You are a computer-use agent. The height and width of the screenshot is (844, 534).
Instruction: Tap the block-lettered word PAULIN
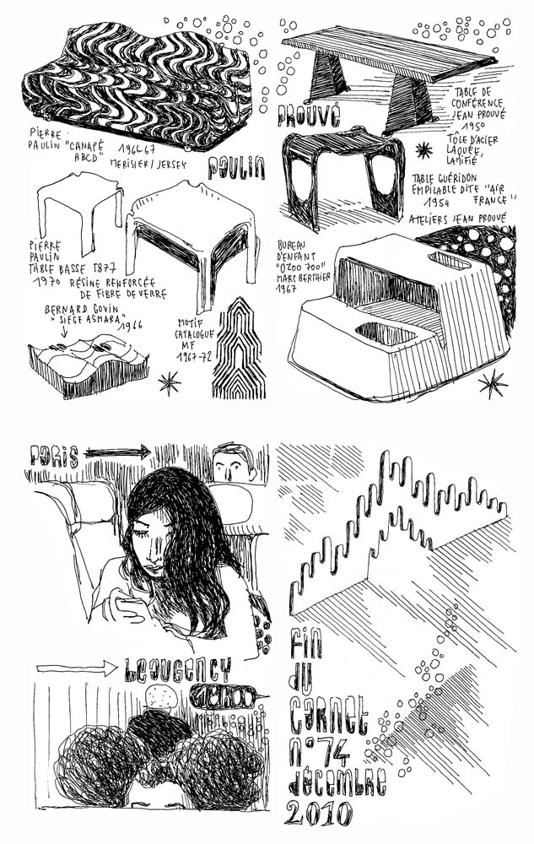(235, 169)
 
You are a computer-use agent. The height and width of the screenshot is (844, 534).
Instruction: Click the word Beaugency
(176, 670)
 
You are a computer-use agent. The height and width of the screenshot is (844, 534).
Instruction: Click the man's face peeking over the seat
(234, 463)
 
